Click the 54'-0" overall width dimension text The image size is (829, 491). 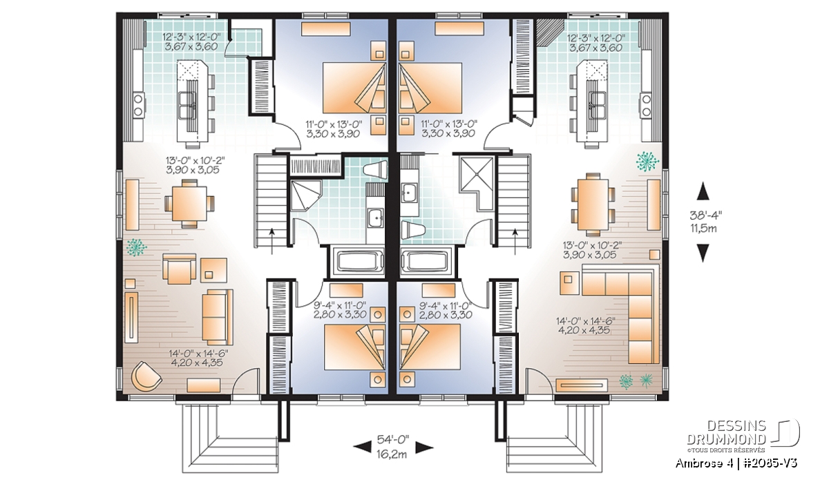point(393,439)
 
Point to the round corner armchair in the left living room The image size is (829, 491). point(147,375)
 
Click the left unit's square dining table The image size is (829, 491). point(189,203)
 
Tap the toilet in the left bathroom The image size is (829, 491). point(375,172)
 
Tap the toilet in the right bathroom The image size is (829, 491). point(412,230)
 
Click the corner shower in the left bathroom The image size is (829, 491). point(305,195)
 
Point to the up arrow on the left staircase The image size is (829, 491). point(272,241)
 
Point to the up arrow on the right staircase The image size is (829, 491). point(515,241)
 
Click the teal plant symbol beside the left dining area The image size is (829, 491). point(136,247)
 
